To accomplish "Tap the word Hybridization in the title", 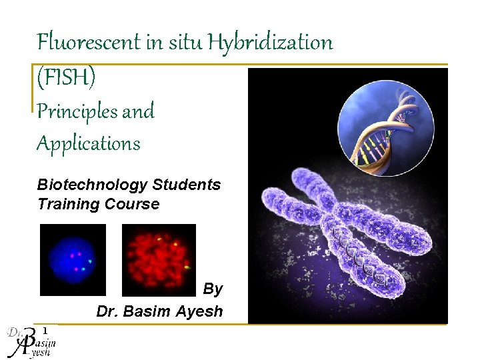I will click(270, 43).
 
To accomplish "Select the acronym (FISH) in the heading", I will click(67, 77).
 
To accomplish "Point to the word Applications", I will click(88, 143).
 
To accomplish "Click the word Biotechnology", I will click(92, 185).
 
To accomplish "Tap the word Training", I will click(69, 204).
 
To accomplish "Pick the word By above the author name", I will click(213, 289).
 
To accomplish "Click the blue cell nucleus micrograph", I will click(73, 259).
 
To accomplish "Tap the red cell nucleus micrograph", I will click(159, 259).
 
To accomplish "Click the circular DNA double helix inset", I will click(385, 127).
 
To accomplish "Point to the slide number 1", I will click(45, 330).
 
